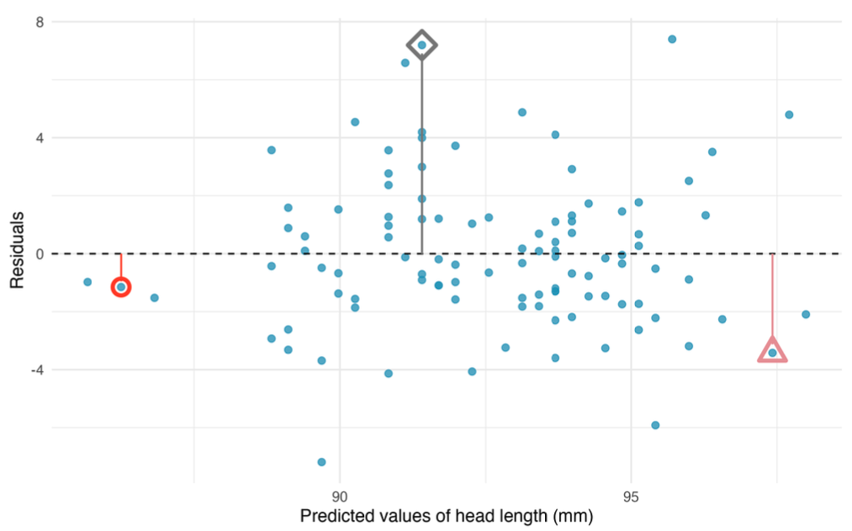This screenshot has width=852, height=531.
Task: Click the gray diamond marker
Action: [x=421, y=45]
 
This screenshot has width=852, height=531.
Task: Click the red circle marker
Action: [x=121, y=287]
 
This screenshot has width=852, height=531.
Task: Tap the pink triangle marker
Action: [x=772, y=351]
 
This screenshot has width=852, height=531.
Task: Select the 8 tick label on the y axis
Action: [x=40, y=21]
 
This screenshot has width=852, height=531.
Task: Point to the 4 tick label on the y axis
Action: [x=40, y=137]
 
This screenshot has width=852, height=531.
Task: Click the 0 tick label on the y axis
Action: [x=40, y=253]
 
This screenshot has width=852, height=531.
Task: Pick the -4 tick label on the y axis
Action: [x=36, y=369]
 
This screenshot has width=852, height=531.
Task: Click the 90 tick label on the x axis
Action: [x=340, y=495]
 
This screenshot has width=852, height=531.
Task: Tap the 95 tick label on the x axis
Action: [x=632, y=495]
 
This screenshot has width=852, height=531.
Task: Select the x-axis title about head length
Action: [x=447, y=516]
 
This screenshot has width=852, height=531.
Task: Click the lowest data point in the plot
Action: [x=321, y=462]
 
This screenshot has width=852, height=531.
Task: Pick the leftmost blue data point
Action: [x=87, y=282]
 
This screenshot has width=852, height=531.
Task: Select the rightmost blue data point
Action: [x=806, y=314]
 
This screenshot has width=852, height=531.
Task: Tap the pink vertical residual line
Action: [x=772, y=295]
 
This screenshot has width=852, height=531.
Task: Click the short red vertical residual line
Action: [x=121, y=265]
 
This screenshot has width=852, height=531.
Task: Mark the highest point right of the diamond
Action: [x=672, y=39]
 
